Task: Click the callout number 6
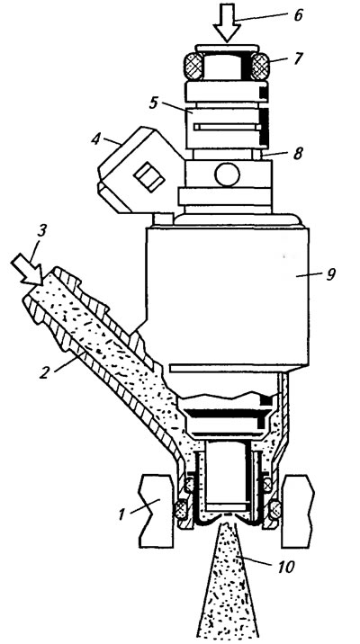click(x=299, y=15)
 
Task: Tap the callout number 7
click(x=298, y=58)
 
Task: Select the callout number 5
click(x=153, y=103)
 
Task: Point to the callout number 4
click(x=95, y=139)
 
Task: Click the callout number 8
click(x=298, y=153)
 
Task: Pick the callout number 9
click(x=331, y=274)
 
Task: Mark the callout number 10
click(x=286, y=568)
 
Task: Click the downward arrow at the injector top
click(x=227, y=22)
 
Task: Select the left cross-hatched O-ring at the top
click(x=193, y=66)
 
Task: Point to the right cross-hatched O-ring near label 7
click(x=260, y=66)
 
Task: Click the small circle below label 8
click(x=227, y=174)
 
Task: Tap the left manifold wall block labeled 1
click(x=156, y=511)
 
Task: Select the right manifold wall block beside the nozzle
click(x=298, y=511)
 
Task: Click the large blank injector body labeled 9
click(x=227, y=296)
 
